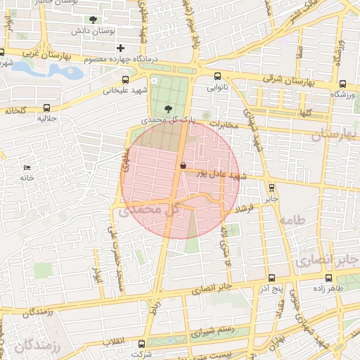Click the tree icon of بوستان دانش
[x=93, y=20]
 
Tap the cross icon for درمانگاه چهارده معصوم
[x=120, y=48]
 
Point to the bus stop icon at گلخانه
[x=47, y=108]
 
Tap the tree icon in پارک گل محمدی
[x=167, y=108]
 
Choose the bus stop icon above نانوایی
[x=217, y=77]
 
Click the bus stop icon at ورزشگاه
[x=342, y=83]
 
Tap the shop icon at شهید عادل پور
[x=183, y=166]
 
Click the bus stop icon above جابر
[x=271, y=187]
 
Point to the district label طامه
[x=294, y=221]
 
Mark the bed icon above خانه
[x=27, y=167]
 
